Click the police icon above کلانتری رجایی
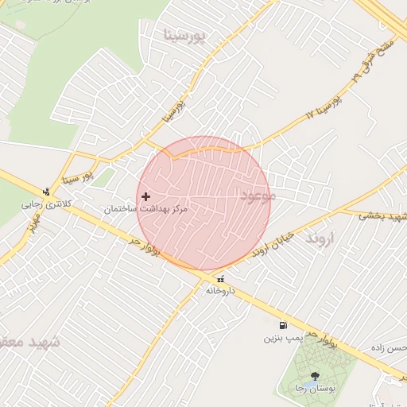47,191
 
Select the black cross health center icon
145,196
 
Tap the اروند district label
322,238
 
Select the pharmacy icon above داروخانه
220,278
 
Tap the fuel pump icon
283,325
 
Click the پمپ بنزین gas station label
283,338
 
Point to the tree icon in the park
315,376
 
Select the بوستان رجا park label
315,389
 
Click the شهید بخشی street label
382,215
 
